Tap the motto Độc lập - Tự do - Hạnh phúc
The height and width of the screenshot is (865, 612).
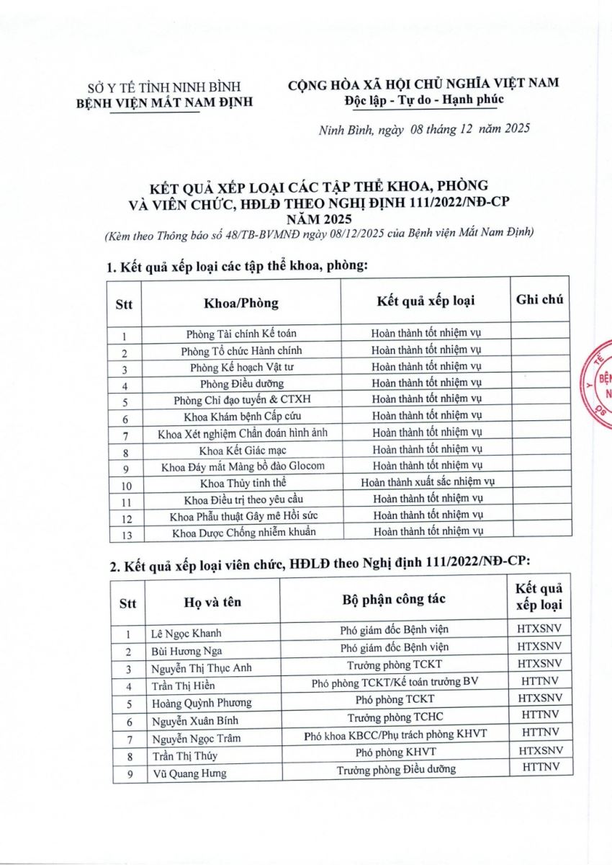(x=423, y=99)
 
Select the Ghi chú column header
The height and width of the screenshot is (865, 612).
(x=540, y=299)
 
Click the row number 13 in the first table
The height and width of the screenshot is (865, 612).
(x=125, y=533)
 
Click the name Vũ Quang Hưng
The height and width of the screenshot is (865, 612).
(x=189, y=773)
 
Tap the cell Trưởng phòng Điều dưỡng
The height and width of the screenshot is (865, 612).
(x=396, y=770)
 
